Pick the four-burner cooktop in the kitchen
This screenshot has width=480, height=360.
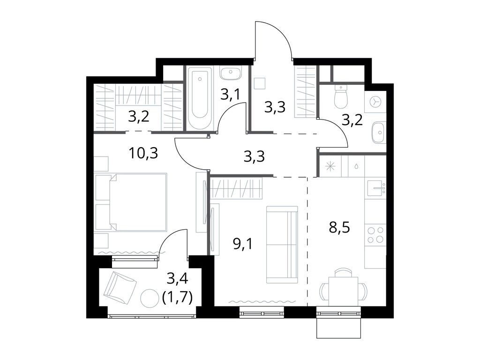pos(375,235)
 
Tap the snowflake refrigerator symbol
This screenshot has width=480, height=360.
pos(330,166)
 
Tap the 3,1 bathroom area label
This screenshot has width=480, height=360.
pos(231,95)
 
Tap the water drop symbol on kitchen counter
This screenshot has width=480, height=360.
pos(357,166)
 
